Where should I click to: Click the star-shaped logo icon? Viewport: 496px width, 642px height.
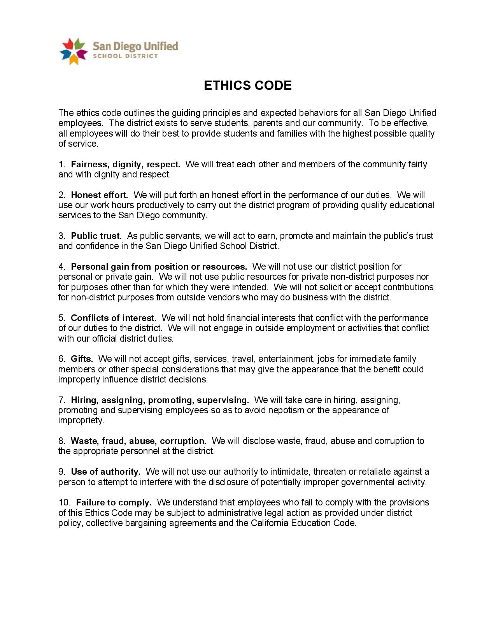pyautogui.click(x=73, y=51)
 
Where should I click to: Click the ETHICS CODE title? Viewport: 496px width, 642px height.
pyautogui.click(x=247, y=86)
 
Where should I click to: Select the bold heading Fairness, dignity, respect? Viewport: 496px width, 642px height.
pyautogui.click(x=125, y=164)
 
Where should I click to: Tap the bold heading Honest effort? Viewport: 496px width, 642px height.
pyautogui.click(x=99, y=195)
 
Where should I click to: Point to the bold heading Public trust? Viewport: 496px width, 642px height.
pyautogui.click(x=96, y=236)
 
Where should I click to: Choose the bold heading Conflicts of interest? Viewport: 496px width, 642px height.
pyautogui.click(x=113, y=318)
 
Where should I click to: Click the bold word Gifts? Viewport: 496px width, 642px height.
pyautogui.click(x=82, y=359)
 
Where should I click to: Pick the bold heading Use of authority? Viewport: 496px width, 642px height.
pyautogui.click(x=105, y=472)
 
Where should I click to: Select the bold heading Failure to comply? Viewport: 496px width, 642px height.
pyautogui.click(x=113, y=502)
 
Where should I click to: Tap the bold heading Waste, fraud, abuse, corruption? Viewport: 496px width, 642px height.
pyautogui.click(x=138, y=441)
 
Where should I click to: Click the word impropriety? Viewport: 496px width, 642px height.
pyautogui.click(x=81, y=420)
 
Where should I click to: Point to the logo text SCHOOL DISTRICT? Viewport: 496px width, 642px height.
pyautogui.click(x=125, y=56)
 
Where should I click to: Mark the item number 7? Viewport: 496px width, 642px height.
pyautogui.click(x=62, y=400)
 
